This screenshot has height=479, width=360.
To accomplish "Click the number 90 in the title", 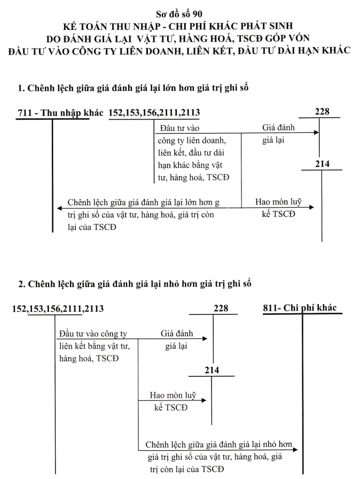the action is click(197, 14).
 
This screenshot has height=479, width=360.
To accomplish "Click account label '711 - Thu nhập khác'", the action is click(60, 113).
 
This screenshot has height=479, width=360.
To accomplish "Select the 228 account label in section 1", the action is click(322, 112).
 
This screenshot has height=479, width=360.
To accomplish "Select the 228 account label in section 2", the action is click(221, 308).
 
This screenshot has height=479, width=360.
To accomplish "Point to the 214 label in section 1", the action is click(322, 164).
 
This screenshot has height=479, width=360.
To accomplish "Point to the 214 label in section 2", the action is click(212, 370).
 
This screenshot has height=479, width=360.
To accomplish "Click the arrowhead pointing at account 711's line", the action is click(59, 208).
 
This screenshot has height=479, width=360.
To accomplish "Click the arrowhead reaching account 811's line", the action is click(295, 450).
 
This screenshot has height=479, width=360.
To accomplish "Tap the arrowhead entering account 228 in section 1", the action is click(316, 132).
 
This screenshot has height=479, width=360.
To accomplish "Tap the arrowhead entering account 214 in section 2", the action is click(204, 400).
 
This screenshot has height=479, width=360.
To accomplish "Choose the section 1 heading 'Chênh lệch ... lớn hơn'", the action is click(134, 88).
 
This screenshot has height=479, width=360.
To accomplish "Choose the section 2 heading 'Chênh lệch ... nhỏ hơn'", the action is click(135, 284).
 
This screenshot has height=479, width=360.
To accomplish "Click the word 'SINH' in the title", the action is click(280, 26).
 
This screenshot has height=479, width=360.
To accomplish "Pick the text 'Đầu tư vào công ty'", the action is click(93, 334).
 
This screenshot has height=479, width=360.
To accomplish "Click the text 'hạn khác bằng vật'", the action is click(190, 165).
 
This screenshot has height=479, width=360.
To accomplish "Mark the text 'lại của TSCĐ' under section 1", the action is click(92, 227).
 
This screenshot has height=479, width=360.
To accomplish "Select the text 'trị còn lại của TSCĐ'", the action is click(187, 469).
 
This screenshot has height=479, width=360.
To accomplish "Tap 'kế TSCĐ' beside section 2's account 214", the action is click(171, 407).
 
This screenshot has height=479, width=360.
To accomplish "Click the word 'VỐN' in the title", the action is click(299, 38).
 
